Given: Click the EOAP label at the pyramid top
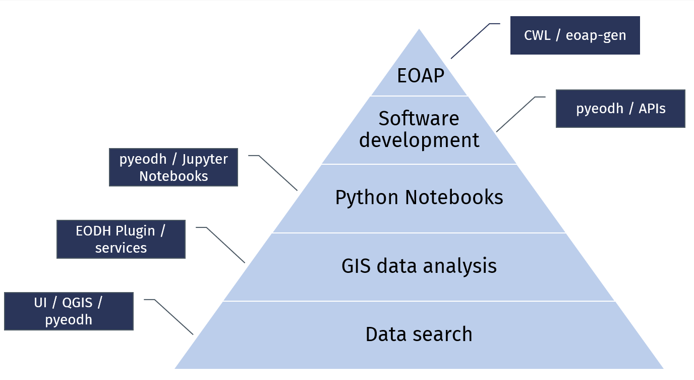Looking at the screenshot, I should point(420,76).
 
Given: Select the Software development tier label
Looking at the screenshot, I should point(419,129).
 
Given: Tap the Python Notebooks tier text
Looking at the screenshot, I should point(419,198).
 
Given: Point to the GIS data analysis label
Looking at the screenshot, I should point(419,266).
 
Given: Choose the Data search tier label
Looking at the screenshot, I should point(419,335).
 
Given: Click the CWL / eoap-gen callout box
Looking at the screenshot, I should point(575,35).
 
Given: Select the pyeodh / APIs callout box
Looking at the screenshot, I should point(620,109).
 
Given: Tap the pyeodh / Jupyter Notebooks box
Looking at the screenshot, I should point(173,167).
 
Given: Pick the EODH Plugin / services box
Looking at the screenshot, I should point(121,239).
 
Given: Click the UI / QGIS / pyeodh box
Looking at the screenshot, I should point(69,311).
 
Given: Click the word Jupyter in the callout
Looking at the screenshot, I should point(205,159).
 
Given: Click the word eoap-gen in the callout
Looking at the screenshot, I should point(596,36).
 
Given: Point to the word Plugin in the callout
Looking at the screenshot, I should point(135,231).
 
